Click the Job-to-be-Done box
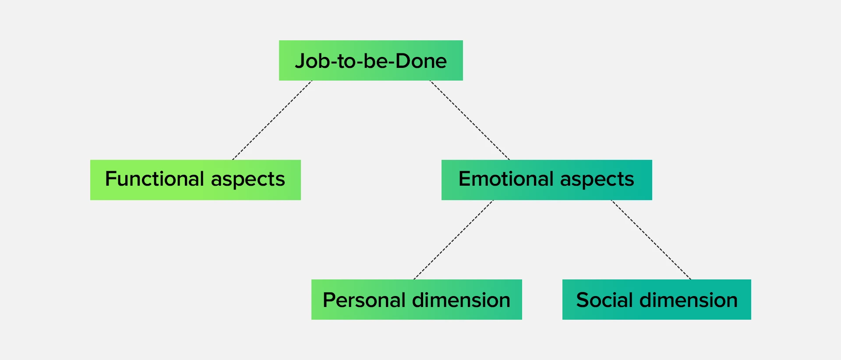coord(371,60)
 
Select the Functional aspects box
coord(195,180)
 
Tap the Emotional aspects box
coord(547,180)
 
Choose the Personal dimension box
coord(417,300)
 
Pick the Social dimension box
coord(657,300)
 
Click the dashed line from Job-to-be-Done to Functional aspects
coord(272,120)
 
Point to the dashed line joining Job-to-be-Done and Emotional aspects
coord(470,120)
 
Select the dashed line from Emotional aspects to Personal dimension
coord(453,240)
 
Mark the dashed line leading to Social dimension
coord(651,240)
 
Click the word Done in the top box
coord(421,61)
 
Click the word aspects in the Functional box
coord(248,180)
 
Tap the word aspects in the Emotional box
coord(597,180)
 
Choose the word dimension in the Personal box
coord(461,300)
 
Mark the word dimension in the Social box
coord(689,300)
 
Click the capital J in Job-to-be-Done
coord(300,61)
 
